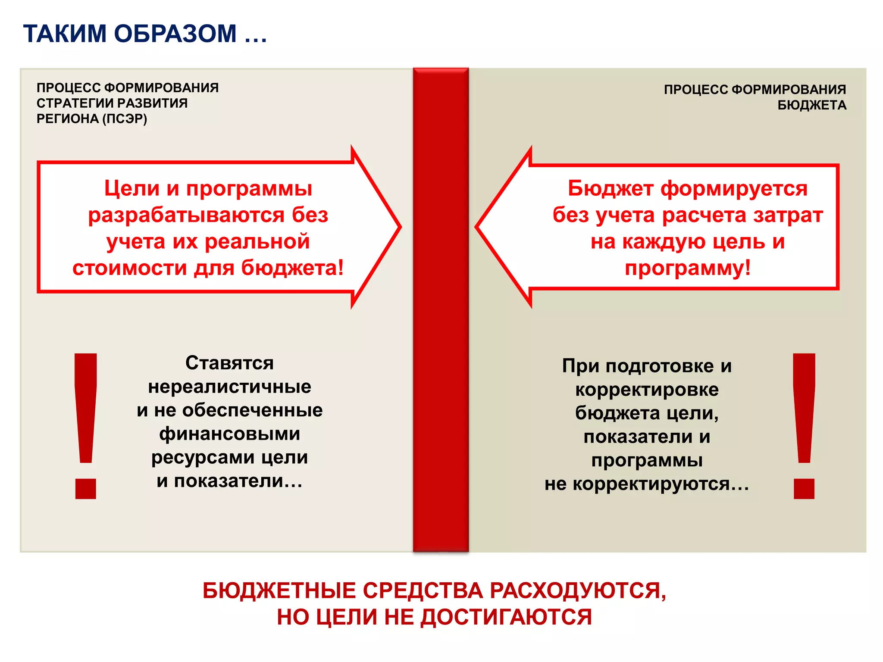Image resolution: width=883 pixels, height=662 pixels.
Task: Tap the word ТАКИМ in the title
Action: pyautogui.click(x=65, y=34)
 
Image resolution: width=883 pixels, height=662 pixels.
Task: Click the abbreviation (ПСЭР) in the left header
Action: pyautogui.click(x=125, y=119)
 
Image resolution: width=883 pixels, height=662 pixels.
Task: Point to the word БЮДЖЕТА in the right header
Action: pyautogui.click(x=812, y=105)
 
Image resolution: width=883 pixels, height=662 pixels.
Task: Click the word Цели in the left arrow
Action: pyautogui.click(x=132, y=189)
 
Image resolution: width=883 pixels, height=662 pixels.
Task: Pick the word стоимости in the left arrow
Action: pyautogui.click(x=130, y=268)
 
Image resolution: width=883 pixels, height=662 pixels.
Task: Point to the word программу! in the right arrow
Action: pyautogui.click(x=688, y=268)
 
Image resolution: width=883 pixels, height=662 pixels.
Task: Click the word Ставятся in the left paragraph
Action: pyautogui.click(x=229, y=363)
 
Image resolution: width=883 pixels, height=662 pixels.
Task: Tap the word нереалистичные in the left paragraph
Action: pyautogui.click(x=229, y=387)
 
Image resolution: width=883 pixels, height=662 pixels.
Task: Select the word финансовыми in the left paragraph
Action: pyautogui.click(x=229, y=434)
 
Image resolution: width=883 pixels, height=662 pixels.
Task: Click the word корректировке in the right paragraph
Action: pyautogui.click(x=647, y=390)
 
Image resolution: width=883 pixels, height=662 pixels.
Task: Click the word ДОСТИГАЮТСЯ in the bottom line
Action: pyautogui.click(x=506, y=617)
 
